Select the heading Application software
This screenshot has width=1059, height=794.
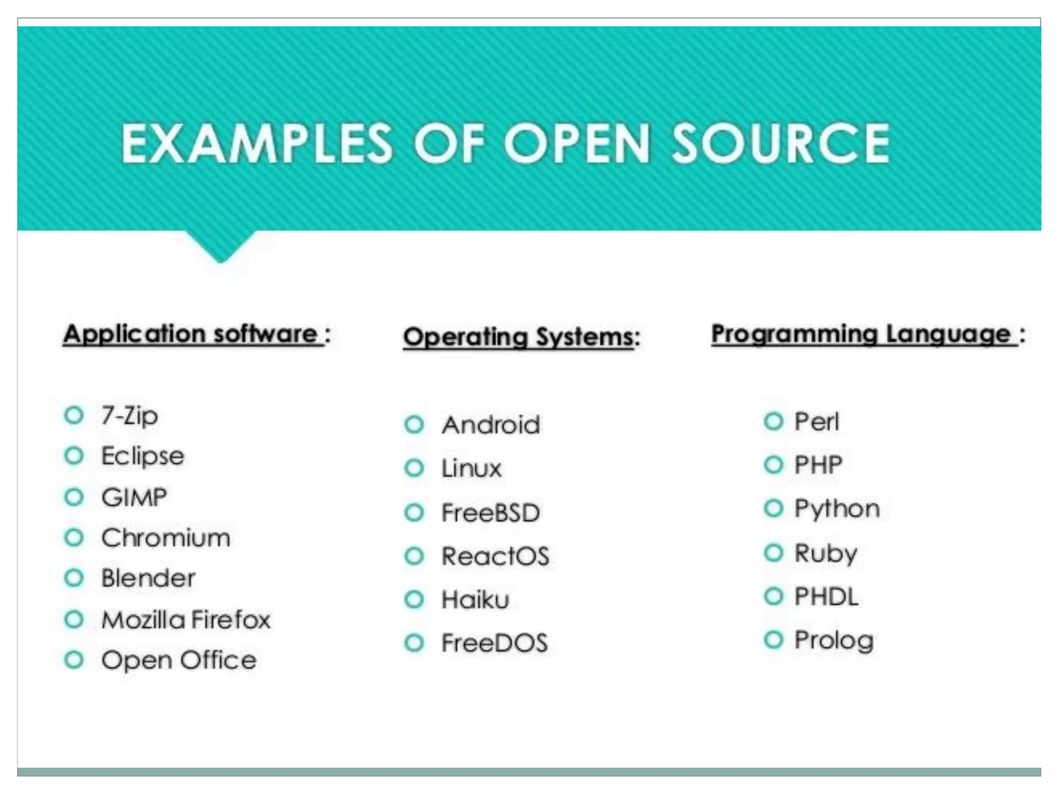[191, 334]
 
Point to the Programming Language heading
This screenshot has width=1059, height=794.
[861, 334]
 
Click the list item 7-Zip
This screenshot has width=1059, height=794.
[129, 416]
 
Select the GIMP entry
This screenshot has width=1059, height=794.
[134, 497]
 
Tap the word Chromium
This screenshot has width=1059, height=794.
[165, 538]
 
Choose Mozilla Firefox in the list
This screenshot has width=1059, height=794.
[186, 619]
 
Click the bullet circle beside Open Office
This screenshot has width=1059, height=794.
[74, 660]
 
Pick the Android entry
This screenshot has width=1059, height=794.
[491, 425]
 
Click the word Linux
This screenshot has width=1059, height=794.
[471, 468]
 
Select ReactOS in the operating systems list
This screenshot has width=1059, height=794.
[495, 556]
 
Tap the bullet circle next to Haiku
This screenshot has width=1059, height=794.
[414, 600]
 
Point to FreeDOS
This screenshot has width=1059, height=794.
[494, 643]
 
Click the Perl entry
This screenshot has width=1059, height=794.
[816, 422]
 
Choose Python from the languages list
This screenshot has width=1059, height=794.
[837, 509]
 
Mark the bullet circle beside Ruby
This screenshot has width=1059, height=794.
[774, 553]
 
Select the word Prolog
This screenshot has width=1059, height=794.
[834, 640]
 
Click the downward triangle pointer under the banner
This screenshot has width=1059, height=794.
[221, 246]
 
